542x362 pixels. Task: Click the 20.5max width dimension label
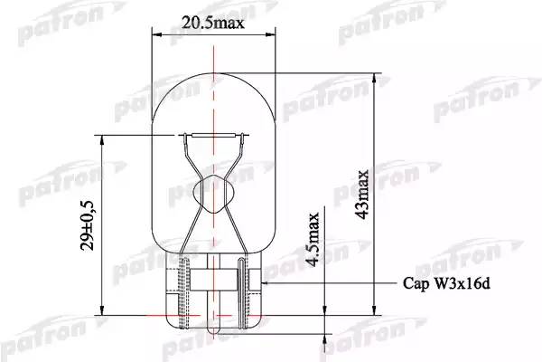pos(213,24)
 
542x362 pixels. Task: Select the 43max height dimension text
pos(362,194)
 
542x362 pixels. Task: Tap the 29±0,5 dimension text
pos(87,225)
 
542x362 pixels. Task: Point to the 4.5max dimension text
pos(313,239)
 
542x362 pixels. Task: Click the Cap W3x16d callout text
pos(446,283)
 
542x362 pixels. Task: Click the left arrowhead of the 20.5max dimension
pos(157,34)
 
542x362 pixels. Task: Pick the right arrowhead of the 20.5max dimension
pos(271,34)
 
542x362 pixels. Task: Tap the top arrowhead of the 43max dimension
pos(374,79)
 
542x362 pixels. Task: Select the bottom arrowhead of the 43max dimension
pos(374,310)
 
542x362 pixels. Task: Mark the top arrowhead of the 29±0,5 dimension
pos(101,140)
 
